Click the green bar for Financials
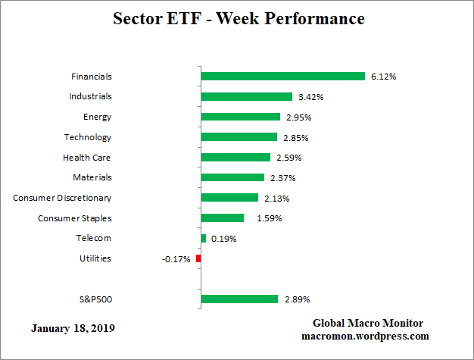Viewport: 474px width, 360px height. tap(283, 77)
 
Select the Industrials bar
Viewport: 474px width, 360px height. tap(247, 97)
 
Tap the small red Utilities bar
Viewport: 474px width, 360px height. tap(198, 258)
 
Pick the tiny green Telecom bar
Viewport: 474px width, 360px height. tap(204, 239)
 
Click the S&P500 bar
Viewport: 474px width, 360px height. tap(240, 299)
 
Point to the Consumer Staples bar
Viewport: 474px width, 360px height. tap(223, 218)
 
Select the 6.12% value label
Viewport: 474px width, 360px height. tap(384, 77)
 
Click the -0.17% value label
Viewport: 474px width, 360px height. tap(176, 259)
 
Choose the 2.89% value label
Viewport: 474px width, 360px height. tap(296, 299)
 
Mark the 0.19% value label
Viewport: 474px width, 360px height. tap(224, 239)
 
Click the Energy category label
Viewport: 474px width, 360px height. tap(97, 117)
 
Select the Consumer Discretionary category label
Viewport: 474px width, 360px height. tap(62, 198)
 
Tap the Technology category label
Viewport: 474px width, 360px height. tap(87, 137)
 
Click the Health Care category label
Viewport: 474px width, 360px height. tap(86, 158)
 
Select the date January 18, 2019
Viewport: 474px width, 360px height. tap(74, 329)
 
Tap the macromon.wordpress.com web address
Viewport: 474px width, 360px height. tap(365, 336)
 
